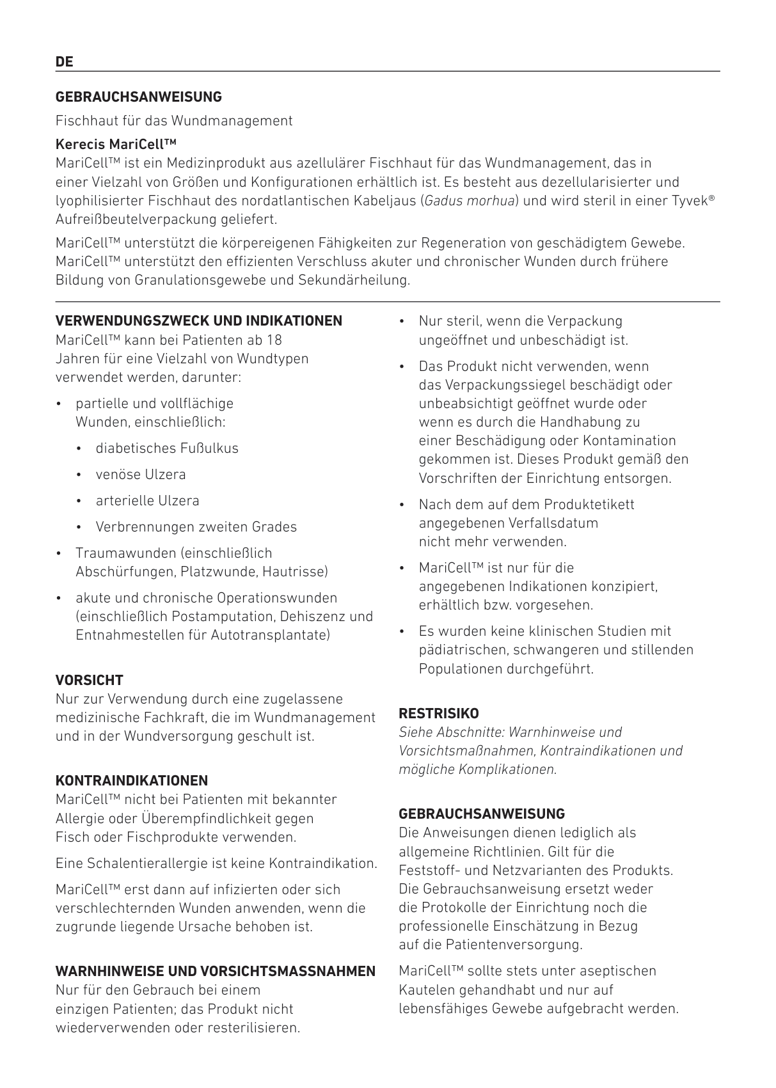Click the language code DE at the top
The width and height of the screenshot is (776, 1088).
coord(65,62)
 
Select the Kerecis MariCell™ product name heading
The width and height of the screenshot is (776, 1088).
coord(116,144)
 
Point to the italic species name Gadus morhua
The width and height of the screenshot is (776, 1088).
coord(470,201)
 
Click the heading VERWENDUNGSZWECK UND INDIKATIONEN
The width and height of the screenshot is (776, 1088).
coord(199,321)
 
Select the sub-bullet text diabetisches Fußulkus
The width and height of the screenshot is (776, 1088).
coord(167,448)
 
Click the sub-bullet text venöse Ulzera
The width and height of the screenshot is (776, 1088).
coord(141,475)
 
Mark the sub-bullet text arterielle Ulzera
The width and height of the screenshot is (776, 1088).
coord(148,501)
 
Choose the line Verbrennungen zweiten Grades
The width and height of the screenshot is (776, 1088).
coord(196,527)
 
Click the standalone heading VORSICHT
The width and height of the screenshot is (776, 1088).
coord(90,681)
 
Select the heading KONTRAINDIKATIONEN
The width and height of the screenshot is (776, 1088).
coord(132,781)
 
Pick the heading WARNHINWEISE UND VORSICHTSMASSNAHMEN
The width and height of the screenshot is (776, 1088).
coord(216,972)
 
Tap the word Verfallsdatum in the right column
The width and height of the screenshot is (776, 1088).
coord(553,523)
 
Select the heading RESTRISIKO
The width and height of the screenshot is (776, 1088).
coord(439,714)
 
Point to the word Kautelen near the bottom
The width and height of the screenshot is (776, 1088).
coord(425,990)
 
